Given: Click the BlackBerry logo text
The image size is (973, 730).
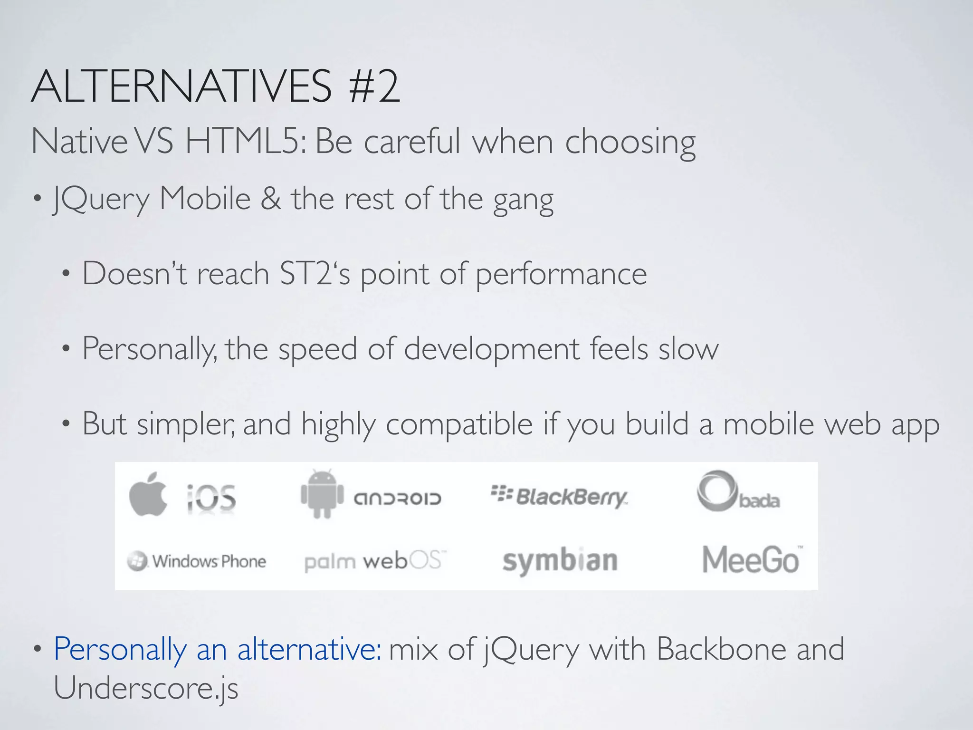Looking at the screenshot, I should coord(559,496).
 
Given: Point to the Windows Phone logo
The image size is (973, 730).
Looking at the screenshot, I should coord(197,561).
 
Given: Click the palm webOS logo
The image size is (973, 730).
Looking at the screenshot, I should coord(375,561).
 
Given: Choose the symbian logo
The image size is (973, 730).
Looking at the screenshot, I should coord(560,561).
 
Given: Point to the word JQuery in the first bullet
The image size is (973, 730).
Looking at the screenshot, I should coord(102,199).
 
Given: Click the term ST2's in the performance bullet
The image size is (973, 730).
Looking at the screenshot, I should coord(315,274).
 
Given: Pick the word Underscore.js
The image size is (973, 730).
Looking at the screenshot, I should coord(146,688).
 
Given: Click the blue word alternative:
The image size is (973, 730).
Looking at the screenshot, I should coord(309,649).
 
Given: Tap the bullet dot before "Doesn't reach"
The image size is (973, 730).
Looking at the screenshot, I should coord(66,274).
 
